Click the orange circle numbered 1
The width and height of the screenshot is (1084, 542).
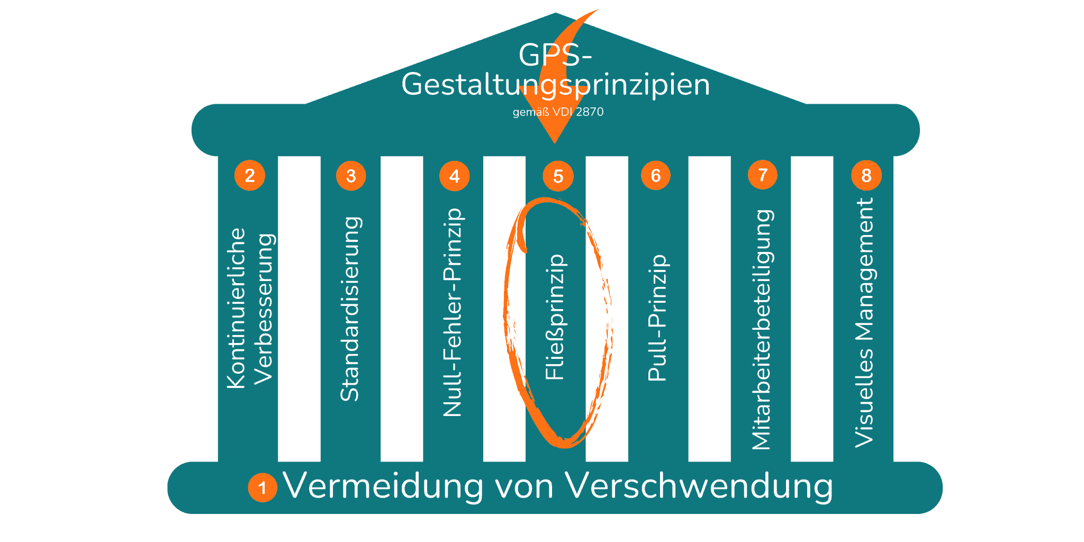pyautogui.click(x=262, y=487)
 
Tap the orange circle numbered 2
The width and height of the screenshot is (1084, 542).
pyautogui.click(x=249, y=175)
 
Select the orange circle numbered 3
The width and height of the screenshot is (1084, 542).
pyautogui.click(x=351, y=176)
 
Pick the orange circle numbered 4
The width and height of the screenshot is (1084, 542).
pyautogui.click(x=454, y=176)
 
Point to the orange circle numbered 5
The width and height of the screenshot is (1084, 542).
pyautogui.click(x=558, y=176)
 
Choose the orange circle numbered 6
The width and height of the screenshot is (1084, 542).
pyautogui.click(x=655, y=175)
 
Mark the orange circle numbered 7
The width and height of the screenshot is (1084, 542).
pyautogui.click(x=762, y=175)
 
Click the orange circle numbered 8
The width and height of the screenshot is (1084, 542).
pyautogui.click(x=866, y=175)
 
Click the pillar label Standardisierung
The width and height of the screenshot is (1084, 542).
pyautogui.click(x=350, y=309)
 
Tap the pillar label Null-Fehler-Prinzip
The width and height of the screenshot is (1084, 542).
pyautogui.click(x=453, y=312)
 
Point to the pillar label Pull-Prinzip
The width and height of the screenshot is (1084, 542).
pyautogui.click(x=658, y=318)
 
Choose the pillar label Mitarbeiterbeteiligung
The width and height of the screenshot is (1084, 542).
pyautogui.click(x=762, y=330)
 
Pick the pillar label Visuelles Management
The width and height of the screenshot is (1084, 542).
pyautogui.click(x=864, y=322)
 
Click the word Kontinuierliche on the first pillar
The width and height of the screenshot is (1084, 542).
pyautogui.click(x=236, y=309)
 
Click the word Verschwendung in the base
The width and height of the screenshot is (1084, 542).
pyautogui.click(x=699, y=486)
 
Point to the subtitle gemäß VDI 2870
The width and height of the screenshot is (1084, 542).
pyautogui.click(x=558, y=112)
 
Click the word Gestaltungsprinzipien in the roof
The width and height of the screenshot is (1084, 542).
pyautogui.click(x=555, y=85)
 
